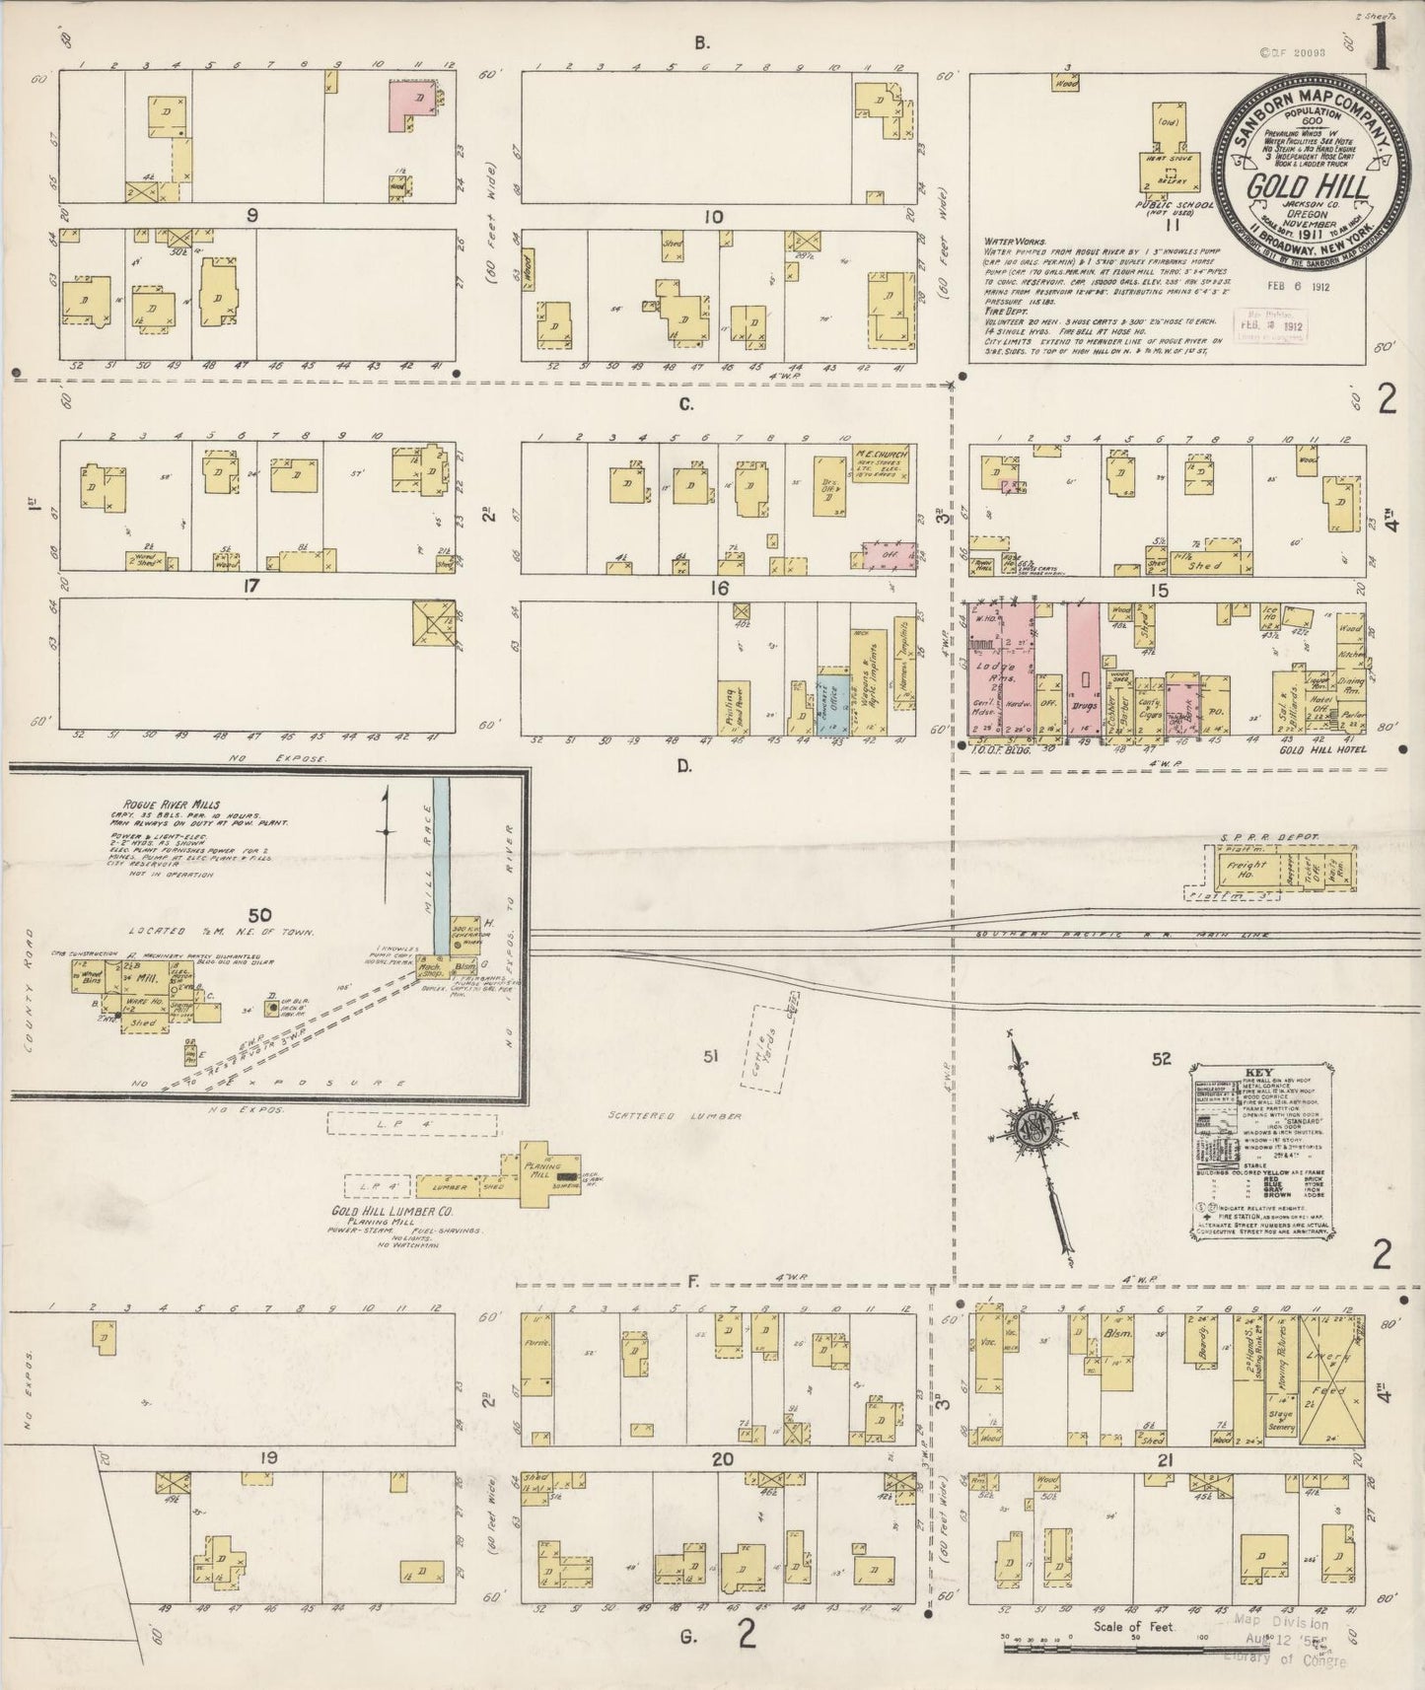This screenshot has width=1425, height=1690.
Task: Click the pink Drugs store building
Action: pyautogui.click(x=1083, y=670)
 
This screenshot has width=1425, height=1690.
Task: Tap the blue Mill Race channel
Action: pyautogui.click(x=443, y=848)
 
